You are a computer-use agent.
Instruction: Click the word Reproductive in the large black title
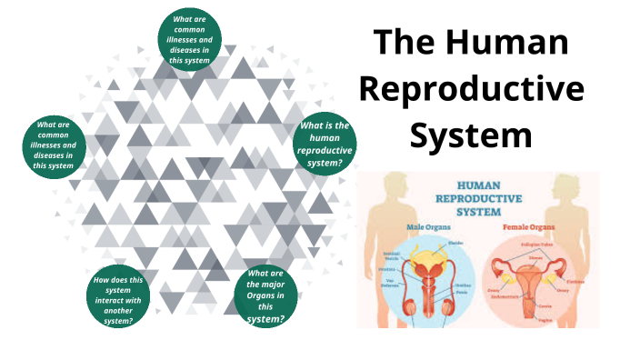471,88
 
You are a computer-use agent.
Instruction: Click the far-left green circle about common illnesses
55,145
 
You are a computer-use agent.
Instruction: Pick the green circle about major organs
266,296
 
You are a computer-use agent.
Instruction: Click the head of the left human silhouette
395,186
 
